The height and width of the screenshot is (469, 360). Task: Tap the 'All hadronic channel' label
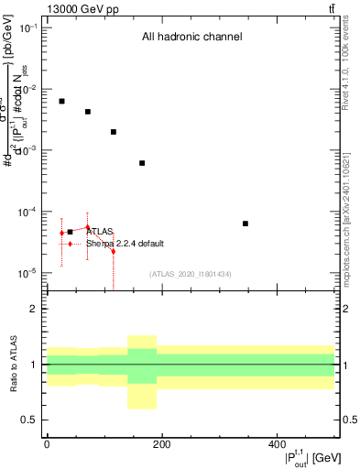(191, 38)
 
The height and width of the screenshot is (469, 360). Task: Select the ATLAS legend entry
(98, 232)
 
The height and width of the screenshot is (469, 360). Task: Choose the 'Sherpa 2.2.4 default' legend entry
(125, 244)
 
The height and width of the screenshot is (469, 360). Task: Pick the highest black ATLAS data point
(61, 101)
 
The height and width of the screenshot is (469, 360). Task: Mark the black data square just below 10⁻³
(142, 163)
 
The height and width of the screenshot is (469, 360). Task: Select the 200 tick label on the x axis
(161, 445)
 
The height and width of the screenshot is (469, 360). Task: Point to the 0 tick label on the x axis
(47, 445)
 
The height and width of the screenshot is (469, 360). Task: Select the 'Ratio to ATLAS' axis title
(13, 365)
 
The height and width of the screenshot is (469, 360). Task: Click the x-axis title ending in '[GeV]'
(302, 458)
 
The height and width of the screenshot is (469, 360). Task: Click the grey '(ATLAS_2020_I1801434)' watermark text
(191, 274)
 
